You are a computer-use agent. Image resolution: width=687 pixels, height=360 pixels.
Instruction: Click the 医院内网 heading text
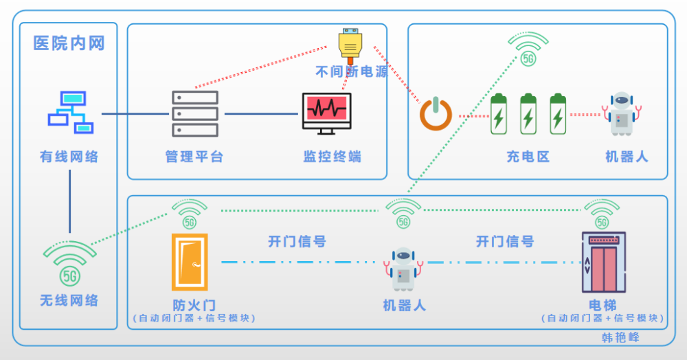(x=69, y=43)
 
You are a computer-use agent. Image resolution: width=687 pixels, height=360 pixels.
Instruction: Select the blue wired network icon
(x=71, y=111)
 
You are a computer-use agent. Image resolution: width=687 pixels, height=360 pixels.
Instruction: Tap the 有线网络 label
(x=69, y=157)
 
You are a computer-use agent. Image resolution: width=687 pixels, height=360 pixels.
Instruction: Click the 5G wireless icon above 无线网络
(x=69, y=265)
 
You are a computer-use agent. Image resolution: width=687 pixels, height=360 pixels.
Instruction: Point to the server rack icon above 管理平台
(x=195, y=113)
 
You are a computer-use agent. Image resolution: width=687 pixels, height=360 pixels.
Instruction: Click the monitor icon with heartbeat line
(x=326, y=113)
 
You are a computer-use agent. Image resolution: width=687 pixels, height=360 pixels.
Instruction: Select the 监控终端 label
(x=332, y=157)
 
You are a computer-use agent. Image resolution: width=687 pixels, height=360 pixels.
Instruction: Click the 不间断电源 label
(x=351, y=71)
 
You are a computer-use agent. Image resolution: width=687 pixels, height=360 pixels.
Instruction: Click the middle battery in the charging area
(x=528, y=114)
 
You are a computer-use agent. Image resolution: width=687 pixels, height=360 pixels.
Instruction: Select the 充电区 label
(x=528, y=157)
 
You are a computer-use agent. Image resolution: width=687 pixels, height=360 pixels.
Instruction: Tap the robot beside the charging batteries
(x=622, y=114)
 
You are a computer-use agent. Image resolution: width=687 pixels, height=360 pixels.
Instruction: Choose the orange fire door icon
(x=189, y=262)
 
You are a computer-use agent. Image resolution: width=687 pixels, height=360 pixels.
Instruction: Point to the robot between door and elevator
(x=403, y=269)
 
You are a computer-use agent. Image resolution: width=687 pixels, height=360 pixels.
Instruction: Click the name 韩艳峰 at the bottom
(x=620, y=337)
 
